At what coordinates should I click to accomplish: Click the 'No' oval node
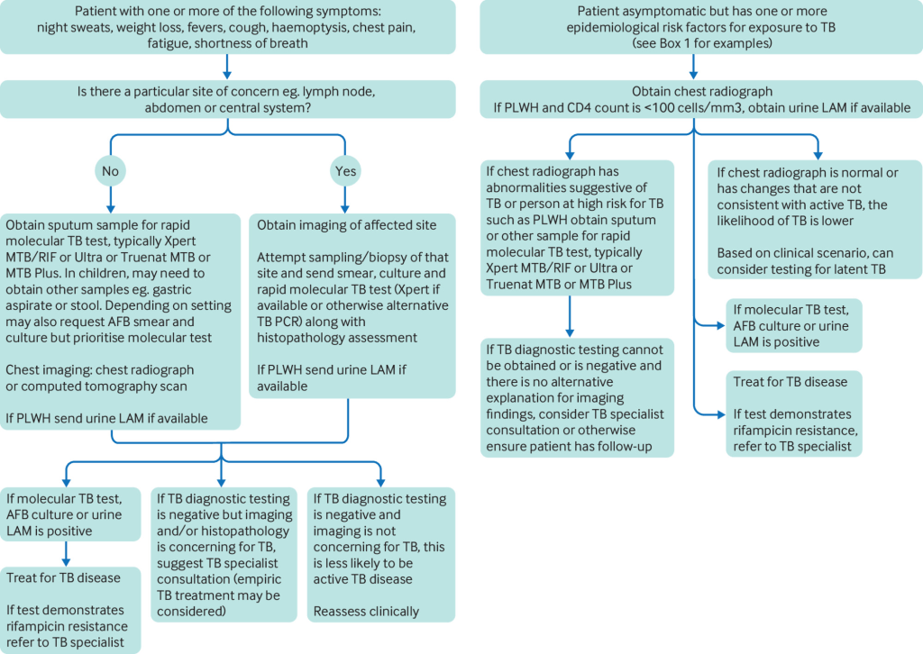pos(110,170)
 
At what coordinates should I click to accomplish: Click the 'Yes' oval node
pos(344,170)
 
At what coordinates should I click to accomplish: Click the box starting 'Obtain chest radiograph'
pos(692,99)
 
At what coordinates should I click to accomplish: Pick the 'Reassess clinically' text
pos(366,612)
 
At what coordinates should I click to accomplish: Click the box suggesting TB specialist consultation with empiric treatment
pos(224,554)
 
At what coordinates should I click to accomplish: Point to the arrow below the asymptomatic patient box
pos(692,67)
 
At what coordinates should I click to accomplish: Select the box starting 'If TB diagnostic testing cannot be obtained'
pos(577,397)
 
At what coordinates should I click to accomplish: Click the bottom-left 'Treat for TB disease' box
pos(73,609)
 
